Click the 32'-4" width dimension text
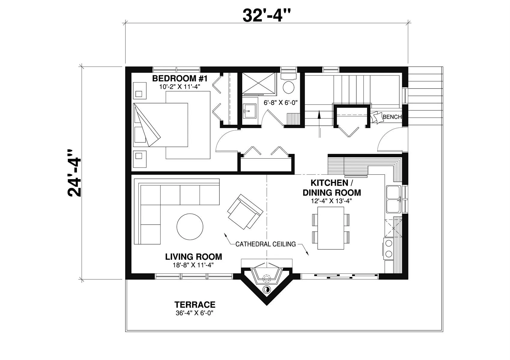tap(267, 16)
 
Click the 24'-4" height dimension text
tap(74, 173)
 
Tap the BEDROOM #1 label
tap(180, 79)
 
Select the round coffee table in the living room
tap(190, 226)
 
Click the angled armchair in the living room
tap(245, 211)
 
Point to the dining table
tap(331, 228)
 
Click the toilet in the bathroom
tap(288, 85)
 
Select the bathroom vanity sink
tap(250, 111)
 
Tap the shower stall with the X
tap(259, 83)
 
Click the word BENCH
tap(392, 117)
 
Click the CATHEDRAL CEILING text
tap(265, 244)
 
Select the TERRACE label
tap(195, 304)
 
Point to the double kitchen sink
tap(394, 199)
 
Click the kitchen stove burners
tap(389, 248)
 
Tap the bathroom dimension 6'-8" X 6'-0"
tap(281, 103)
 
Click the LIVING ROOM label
tap(194, 257)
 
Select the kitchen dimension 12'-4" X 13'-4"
tap(331, 201)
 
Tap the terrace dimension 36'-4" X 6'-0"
tap(195, 313)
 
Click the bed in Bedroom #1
tap(161, 125)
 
